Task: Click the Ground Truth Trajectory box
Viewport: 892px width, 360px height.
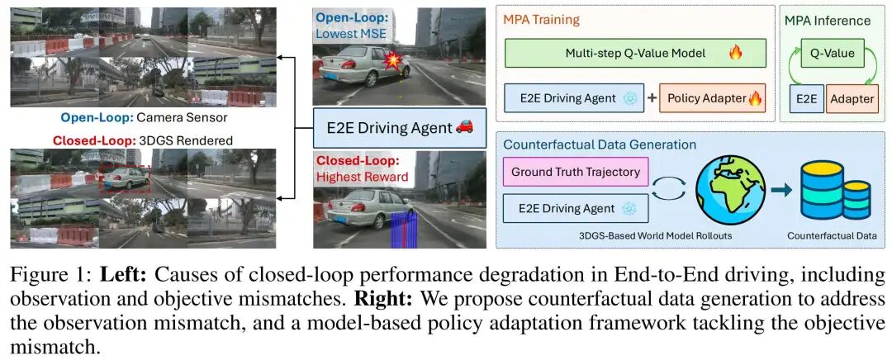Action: [576, 172]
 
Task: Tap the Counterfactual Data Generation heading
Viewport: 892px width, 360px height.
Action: [600, 144]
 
